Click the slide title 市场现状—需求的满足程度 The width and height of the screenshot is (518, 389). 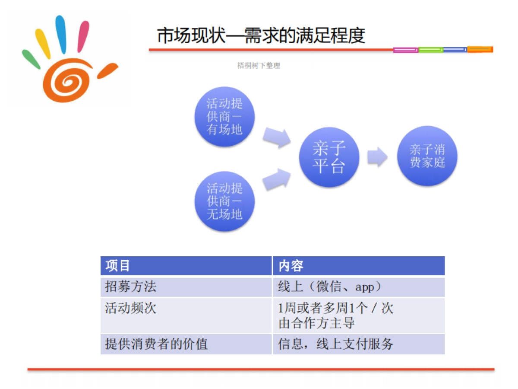[x=261, y=36]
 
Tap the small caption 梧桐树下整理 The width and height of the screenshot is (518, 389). [x=259, y=66]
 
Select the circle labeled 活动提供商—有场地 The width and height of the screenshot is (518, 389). [x=224, y=116]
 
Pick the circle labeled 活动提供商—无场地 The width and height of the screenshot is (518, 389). [x=224, y=201]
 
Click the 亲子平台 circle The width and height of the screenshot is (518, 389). [x=329, y=156]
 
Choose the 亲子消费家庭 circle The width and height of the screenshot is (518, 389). [x=427, y=156]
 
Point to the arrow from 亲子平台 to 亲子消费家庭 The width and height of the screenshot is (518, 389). [x=377, y=156]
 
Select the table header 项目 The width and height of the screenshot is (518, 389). [x=117, y=266]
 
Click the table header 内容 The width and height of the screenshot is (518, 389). [x=291, y=266]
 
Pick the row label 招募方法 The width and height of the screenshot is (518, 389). [x=130, y=287]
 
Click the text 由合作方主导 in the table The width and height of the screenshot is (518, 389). [x=317, y=322]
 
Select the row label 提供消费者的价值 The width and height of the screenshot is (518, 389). [x=156, y=344]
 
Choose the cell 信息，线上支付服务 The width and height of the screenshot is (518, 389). [x=336, y=344]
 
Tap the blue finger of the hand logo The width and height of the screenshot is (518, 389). [x=61, y=35]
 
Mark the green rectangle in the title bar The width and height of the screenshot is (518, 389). [x=431, y=50]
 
